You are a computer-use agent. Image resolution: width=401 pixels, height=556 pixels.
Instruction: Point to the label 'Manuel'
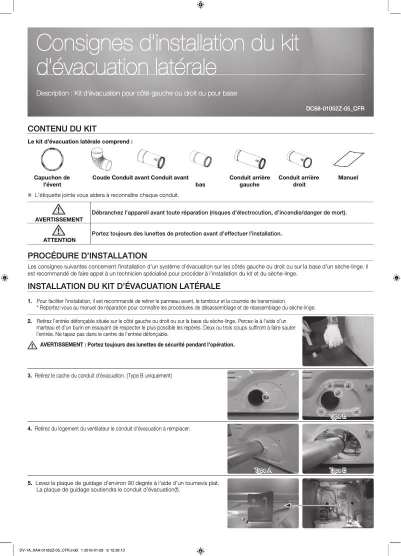coord(348,177)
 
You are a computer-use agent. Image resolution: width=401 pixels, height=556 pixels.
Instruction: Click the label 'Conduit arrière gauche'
coord(249,181)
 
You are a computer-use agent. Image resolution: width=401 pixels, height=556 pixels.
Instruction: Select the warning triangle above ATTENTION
coord(59,230)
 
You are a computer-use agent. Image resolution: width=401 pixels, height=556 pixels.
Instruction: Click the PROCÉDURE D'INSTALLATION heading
coord(87,255)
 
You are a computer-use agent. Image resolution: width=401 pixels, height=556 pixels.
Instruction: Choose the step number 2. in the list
coord(30,320)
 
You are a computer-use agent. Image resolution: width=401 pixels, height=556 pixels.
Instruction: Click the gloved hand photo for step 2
coord(337,340)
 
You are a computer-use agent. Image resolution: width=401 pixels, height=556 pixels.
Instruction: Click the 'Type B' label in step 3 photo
coord(338,416)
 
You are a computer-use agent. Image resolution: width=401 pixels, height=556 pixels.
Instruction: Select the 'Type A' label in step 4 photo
coord(263,470)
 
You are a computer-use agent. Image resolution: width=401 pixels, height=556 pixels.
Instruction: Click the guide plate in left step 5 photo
coord(263,505)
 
